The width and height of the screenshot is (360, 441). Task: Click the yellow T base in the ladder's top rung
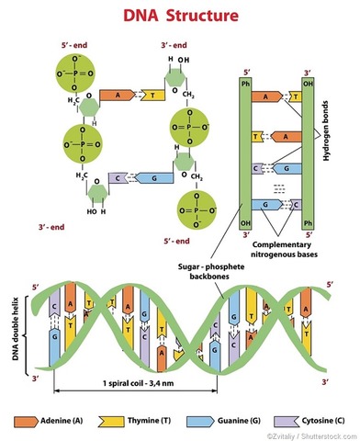pyautogui.click(x=294, y=96)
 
